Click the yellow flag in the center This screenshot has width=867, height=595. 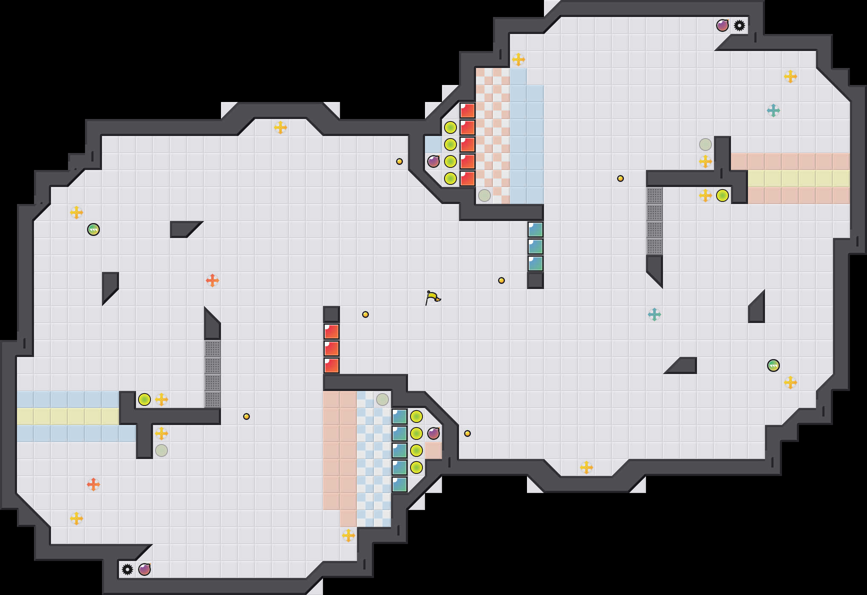[x=433, y=297]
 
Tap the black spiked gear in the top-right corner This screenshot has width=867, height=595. [x=739, y=25]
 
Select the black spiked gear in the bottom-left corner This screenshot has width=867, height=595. [x=127, y=569]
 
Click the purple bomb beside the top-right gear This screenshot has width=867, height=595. [x=722, y=25]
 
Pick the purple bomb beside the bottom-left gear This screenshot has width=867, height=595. [x=144, y=569]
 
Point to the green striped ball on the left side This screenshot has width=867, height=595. [x=93, y=229]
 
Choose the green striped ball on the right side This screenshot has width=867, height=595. [x=773, y=365]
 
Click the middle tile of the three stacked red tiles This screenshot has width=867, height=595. [x=331, y=348]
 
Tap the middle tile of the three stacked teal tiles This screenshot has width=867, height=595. [x=535, y=246]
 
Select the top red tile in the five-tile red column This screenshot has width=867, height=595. [x=467, y=110]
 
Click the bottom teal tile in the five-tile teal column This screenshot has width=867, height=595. [x=399, y=484]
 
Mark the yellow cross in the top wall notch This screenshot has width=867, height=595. [x=280, y=127]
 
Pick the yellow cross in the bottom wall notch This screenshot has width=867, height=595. [x=586, y=467]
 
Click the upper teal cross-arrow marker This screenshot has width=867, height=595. [x=773, y=110]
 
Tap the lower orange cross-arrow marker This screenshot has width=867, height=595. [x=93, y=484]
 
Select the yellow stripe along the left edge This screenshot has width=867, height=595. [x=68, y=416]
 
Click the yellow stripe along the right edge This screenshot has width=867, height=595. [x=799, y=178]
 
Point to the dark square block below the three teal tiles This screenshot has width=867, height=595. [x=535, y=280]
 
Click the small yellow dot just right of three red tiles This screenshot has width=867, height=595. [x=365, y=314]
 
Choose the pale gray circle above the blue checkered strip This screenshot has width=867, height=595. [x=382, y=399]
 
